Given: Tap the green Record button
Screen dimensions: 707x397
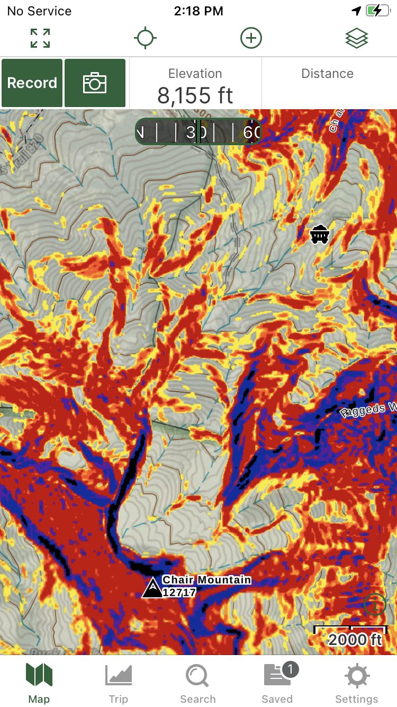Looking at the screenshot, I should pyautogui.click(x=32, y=83).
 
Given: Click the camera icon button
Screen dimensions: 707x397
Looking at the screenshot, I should pyautogui.click(x=95, y=83).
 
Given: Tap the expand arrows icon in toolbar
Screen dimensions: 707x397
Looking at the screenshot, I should pyautogui.click(x=40, y=39).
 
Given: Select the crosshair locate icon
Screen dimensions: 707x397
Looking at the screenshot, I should pyautogui.click(x=145, y=39).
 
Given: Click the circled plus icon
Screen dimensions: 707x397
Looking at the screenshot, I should pyautogui.click(x=251, y=39).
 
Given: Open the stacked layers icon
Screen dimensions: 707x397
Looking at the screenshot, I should pyautogui.click(x=356, y=39).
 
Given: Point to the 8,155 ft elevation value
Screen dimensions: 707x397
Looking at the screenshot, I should pyautogui.click(x=195, y=95).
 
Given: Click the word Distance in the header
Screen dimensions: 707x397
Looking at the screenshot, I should pyautogui.click(x=327, y=74).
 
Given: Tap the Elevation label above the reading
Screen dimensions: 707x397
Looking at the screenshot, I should pyautogui.click(x=195, y=74).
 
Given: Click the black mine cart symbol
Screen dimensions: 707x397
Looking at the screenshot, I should pyautogui.click(x=320, y=234).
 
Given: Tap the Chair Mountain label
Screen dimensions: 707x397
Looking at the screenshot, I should pyautogui.click(x=206, y=580).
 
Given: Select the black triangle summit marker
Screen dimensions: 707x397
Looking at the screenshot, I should pyautogui.click(x=152, y=588).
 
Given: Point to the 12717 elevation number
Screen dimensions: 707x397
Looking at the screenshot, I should pyautogui.click(x=179, y=593).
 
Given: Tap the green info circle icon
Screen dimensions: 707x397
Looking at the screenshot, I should pyautogui.click(x=375, y=604).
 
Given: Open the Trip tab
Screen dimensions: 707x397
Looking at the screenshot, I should pyautogui.click(x=119, y=684).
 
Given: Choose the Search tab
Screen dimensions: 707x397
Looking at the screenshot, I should pyautogui.click(x=197, y=684).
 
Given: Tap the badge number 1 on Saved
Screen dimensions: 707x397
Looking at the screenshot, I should pyautogui.click(x=290, y=670).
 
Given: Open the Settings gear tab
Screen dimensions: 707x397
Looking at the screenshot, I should pyautogui.click(x=357, y=684).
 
